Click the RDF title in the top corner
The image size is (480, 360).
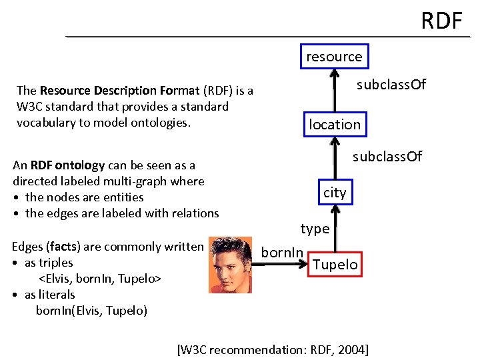(x=441, y=21)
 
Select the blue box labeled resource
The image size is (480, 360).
(x=334, y=57)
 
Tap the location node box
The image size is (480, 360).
(x=334, y=124)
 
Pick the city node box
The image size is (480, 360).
(x=335, y=193)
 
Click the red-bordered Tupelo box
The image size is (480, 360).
(x=335, y=265)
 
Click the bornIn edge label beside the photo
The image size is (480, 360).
(x=282, y=252)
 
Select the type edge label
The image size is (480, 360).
(x=315, y=229)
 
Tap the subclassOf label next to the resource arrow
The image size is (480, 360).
(x=391, y=85)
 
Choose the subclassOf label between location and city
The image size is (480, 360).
(x=387, y=157)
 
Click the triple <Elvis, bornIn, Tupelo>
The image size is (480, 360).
(x=100, y=279)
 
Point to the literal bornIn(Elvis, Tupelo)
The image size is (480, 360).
(x=91, y=311)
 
